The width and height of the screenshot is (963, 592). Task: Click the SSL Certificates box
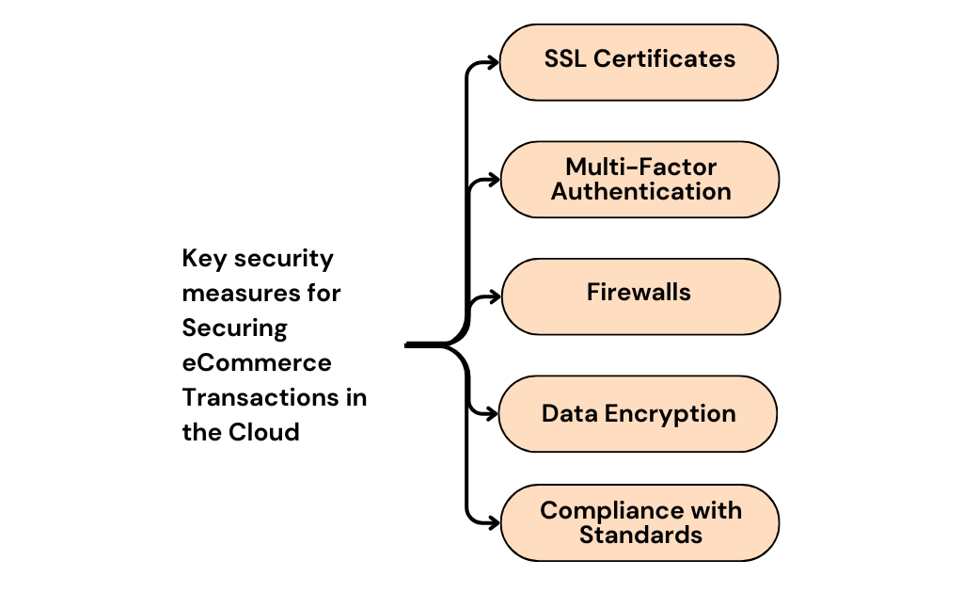639,62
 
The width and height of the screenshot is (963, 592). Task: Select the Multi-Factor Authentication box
639,180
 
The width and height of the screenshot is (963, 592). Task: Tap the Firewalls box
639,296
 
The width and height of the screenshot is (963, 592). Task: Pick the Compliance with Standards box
639,523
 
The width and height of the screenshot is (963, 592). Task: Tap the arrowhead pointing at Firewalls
496,297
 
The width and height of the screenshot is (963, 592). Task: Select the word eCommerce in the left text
257,363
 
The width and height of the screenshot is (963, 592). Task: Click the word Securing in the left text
234,328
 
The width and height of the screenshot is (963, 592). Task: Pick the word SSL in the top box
564,58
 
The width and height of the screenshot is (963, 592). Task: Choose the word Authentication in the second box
640,192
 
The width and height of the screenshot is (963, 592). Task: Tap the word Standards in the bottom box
640,536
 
